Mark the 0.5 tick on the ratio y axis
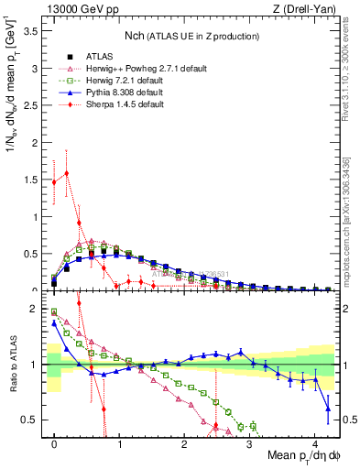[x=33, y=420]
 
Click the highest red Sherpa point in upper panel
[x=66, y=172]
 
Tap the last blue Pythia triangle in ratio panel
[x=327, y=409]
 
